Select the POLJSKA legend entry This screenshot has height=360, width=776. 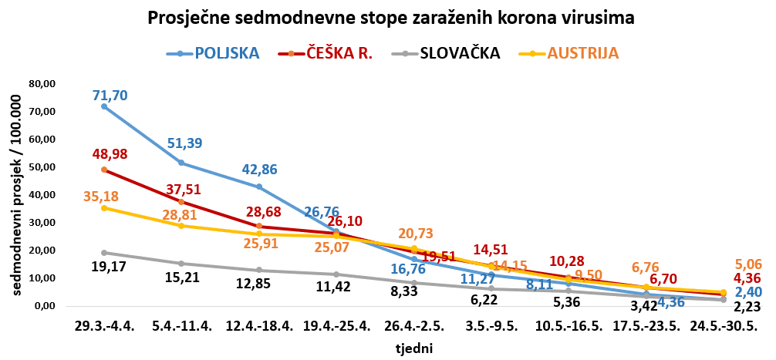tap(227, 53)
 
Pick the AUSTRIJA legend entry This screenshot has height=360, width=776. tap(582, 53)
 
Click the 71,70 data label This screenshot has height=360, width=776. tap(110, 96)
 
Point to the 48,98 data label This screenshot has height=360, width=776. tap(110, 154)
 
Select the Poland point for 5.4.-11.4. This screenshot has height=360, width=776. tap(181, 163)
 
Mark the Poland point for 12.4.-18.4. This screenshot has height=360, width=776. tap(259, 187)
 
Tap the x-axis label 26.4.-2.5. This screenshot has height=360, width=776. tap(414, 327)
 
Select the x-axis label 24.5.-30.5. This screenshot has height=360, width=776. tap(722, 327)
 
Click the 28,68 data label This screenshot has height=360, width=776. tap(265, 210)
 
